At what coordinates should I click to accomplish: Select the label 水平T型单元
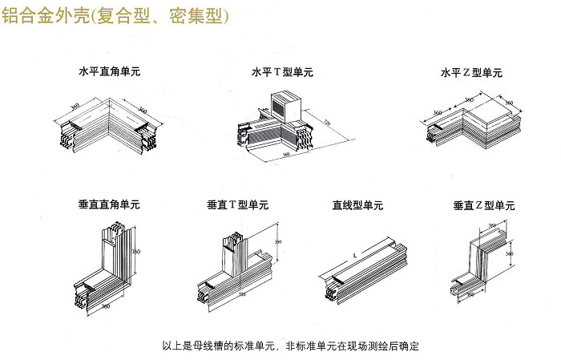coord(283,72)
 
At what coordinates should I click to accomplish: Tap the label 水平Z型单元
coord(471,72)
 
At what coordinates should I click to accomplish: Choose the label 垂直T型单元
coord(237,205)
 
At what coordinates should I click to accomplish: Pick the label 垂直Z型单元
coord(483,205)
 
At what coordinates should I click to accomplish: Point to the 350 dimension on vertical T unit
coord(278,241)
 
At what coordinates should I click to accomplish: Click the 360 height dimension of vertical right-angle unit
coord(136,252)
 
